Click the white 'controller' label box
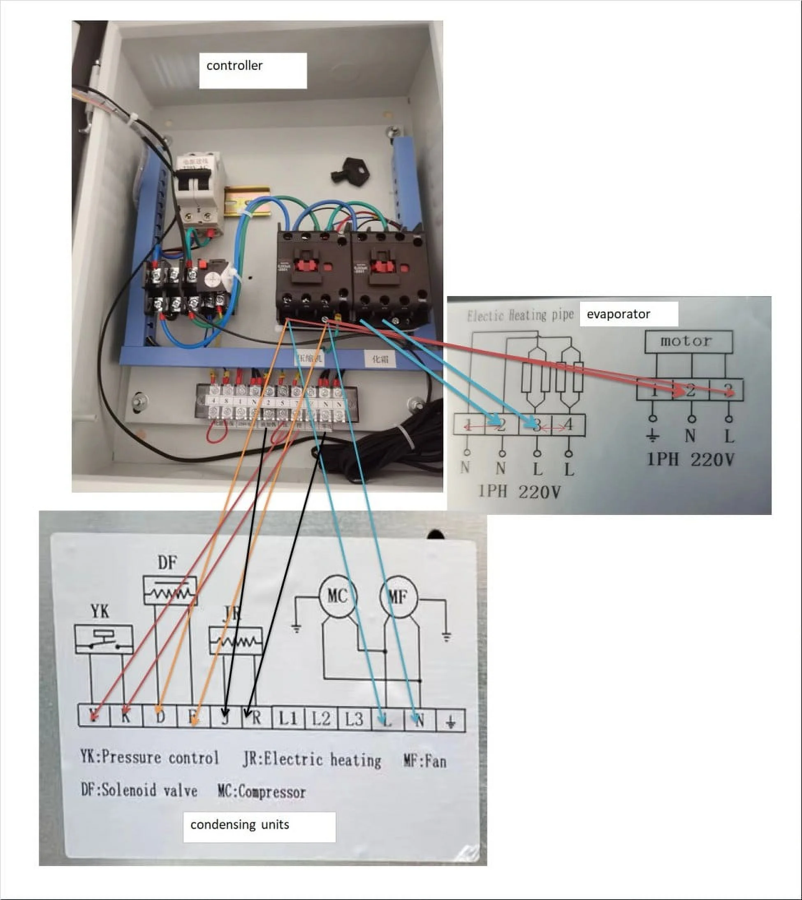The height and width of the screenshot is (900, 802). tap(253, 70)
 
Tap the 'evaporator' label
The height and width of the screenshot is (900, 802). tap(628, 314)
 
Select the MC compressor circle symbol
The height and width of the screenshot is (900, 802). tap(338, 597)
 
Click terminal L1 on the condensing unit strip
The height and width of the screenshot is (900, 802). tap(288, 719)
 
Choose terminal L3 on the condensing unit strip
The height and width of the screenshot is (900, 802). tap(354, 719)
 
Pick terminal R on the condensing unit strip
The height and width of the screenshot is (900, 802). tap(256, 719)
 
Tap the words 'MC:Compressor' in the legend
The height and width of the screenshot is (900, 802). tap(262, 792)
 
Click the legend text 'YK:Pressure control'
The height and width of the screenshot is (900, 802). tap(149, 758)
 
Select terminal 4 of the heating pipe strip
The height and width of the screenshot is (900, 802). tap(568, 425)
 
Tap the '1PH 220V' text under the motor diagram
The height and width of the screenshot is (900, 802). tap(690, 460)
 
